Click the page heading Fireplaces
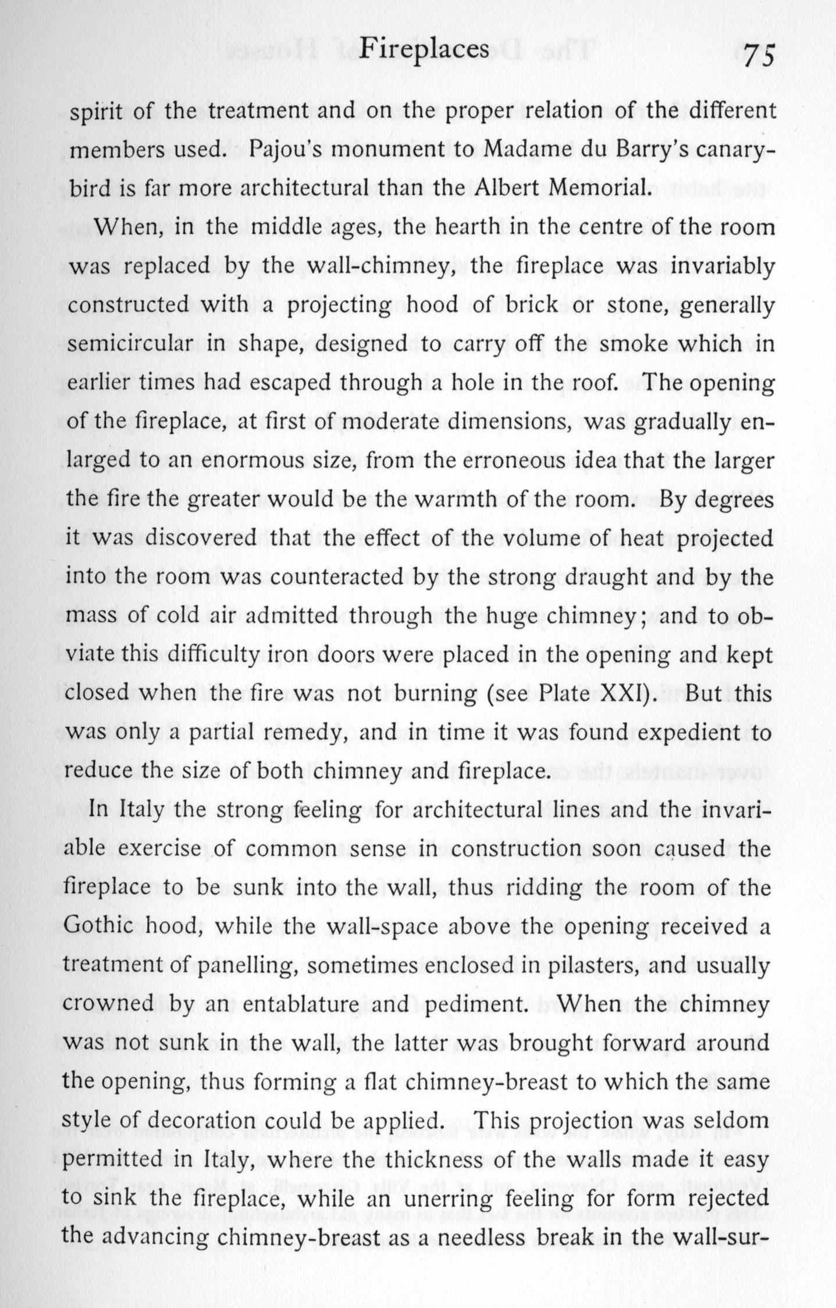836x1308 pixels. pos(424,50)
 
